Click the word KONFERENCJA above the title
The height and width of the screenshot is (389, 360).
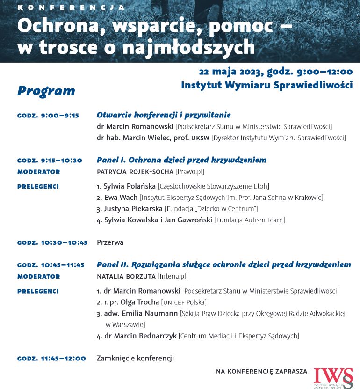[71, 8]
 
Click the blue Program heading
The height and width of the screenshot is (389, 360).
[46, 91]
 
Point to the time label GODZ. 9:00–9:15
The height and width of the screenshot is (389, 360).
[48, 116]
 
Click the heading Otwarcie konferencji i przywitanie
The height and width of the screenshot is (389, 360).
[164, 115]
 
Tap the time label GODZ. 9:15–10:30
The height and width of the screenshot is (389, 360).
[50, 161]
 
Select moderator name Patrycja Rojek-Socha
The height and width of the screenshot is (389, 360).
[135, 172]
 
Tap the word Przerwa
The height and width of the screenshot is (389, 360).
[110, 242]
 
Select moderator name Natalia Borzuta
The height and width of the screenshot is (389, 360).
[126, 277]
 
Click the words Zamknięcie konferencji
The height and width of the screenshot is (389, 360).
[135, 359]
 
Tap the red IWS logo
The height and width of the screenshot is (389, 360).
[333, 377]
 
